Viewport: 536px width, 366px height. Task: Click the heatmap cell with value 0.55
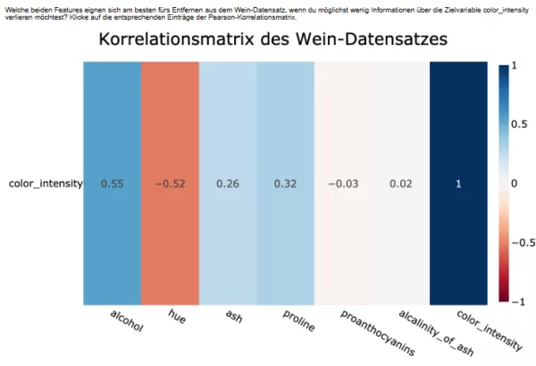pos(113,183)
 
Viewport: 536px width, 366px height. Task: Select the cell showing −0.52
pos(170,183)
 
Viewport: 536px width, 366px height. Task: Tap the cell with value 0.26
pos(228,183)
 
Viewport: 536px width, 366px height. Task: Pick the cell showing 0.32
pos(285,183)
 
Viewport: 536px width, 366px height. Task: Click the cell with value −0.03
pos(343,183)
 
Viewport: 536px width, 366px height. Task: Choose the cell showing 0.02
pos(400,183)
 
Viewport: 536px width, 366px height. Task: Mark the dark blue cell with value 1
pos(458,183)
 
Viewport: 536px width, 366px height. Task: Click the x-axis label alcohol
pos(126,321)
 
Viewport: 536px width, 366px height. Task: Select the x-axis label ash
pos(233,316)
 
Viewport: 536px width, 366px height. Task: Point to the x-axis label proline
pos(298,321)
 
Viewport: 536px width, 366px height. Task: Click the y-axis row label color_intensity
pos(46,183)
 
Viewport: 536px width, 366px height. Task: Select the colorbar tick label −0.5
pos(517,243)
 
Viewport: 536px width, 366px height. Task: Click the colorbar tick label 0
pos(513,183)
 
